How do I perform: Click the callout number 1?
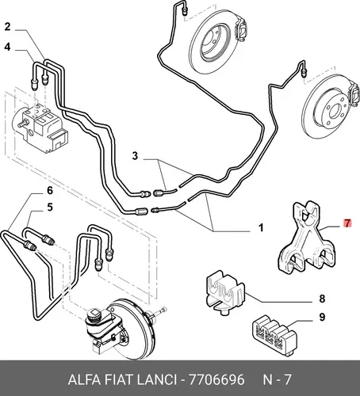click(261, 227)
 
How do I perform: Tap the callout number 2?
click(7, 27)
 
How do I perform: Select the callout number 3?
click(135, 156)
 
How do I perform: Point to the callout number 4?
click(7, 47)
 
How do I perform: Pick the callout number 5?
click(50, 208)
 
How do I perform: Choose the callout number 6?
click(50, 190)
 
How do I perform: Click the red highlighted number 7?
click(347, 223)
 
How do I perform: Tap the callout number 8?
click(322, 299)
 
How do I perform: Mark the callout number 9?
click(322, 317)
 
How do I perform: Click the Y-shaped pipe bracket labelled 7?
click(308, 238)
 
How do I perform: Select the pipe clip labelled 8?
click(224, 293)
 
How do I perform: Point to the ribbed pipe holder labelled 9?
click(274, 335)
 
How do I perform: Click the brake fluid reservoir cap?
click(94, 314)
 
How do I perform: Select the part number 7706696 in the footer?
click(216, 380)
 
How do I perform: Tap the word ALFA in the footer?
click(84, 380)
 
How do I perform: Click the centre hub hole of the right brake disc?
click(335, 111)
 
